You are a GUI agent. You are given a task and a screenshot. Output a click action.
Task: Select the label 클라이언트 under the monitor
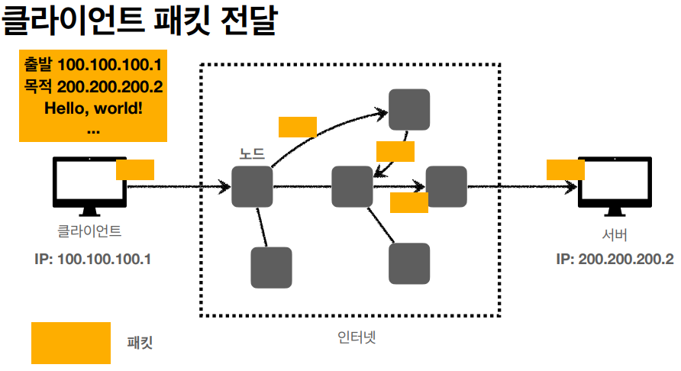[89, 230]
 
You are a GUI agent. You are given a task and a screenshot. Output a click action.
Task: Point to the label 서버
[615, 234]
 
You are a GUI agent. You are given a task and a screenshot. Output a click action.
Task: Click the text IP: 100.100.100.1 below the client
[93, 259]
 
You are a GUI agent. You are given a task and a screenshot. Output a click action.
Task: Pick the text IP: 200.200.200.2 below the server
[615, 259]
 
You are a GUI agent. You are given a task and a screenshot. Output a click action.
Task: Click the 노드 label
[252, 153]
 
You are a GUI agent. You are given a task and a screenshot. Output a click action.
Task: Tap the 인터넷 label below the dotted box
[357, 337]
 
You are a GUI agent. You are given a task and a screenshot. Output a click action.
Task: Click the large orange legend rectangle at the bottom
[71, 343]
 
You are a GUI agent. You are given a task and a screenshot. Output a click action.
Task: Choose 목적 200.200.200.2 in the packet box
[93, 85]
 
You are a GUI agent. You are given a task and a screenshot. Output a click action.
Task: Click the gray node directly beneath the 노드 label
[252, 186]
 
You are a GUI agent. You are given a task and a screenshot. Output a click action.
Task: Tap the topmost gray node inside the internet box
[409, 109]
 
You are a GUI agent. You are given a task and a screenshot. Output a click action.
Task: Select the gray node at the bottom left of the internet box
[271, 267]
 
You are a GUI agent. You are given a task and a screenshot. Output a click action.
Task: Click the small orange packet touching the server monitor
[565, 169]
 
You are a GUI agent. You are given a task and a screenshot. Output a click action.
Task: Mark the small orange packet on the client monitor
[135, 169]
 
